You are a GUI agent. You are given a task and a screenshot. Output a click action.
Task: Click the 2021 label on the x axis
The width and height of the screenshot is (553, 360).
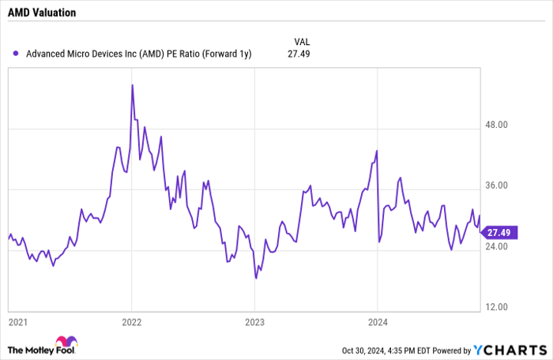tap(18, 322)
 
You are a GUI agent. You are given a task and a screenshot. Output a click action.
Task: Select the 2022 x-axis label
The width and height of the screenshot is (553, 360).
tap(131, 322)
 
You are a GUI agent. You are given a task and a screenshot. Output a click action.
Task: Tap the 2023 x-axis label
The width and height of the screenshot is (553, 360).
tap(255, 322)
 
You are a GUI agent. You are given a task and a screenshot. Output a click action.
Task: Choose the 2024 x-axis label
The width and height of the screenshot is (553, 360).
tap(378, 322)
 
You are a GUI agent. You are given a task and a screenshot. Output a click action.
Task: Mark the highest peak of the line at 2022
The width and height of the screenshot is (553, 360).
tap(131, 84)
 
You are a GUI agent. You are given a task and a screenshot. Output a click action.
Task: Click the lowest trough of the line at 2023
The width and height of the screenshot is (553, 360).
tap(256, 278)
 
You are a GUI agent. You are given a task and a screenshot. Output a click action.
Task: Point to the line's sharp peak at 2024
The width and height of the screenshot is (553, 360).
tap(377, 151)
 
